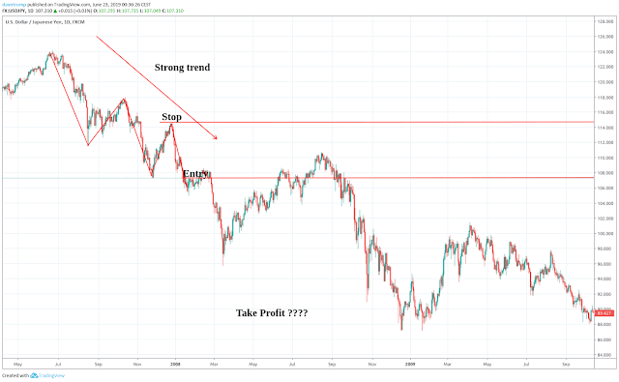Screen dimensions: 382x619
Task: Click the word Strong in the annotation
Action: point(169,68)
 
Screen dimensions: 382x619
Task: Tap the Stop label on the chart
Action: point(171,117)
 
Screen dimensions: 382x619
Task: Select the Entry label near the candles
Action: point(196,173)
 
